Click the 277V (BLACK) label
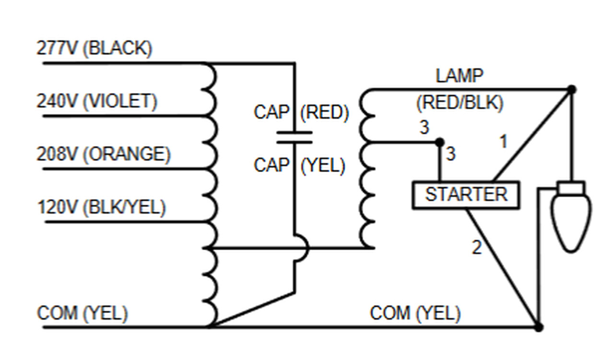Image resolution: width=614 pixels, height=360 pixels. click(x=94, y=49)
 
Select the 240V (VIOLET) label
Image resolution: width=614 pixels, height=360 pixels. click(x=96, y=102)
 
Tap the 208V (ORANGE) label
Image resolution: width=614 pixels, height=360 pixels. click(x=103, y=154)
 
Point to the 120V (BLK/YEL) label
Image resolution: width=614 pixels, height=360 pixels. click(x=101, y=208)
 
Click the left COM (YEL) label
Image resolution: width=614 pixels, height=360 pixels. click(x=83, y=314)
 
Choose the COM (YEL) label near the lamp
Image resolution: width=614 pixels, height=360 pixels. click(x=415, y=314)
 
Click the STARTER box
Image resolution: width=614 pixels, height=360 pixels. click(x=466, y=195)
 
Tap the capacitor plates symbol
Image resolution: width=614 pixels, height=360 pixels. click(x=294, y=138)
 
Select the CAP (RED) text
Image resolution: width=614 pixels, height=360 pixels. click(x=301, y=113)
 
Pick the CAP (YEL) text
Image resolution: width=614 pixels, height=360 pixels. click(x=299, y=165)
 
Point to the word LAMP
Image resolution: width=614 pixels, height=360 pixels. click(x=459, y=76)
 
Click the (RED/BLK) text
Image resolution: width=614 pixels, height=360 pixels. click(x=460, y=102)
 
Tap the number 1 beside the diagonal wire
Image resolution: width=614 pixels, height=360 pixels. click(x=503, y=142)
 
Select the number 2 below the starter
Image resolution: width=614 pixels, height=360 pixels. click(x=476, y=248)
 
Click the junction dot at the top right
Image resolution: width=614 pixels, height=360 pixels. click(x=571, y=89)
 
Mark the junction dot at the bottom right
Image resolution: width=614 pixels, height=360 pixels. click(x=538, y=327)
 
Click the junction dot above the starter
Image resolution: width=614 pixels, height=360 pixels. click(x=439, y=142)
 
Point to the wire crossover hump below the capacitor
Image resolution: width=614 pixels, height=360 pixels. click(x=301, y=248)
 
